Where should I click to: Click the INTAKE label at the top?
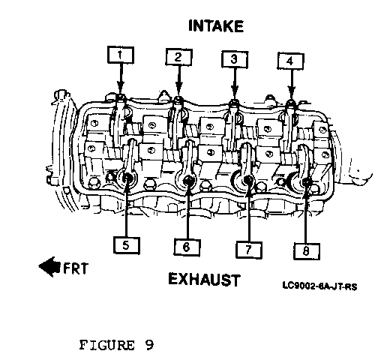tap(216, 25)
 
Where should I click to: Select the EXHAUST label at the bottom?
tap(204, 279)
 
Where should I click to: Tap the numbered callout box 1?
tap(121, 55)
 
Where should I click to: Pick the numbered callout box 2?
tap(178, 57)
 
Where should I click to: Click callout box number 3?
tap(235, 59)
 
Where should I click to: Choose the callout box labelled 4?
tap(290, 61)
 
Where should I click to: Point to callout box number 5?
tap(127, 245)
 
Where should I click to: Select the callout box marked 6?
tap(187, 247)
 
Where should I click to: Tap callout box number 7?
tap(249, 250)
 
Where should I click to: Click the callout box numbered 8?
tap(307, 251)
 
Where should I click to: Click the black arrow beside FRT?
tap(49, 267)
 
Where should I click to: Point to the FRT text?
tap(76, 268)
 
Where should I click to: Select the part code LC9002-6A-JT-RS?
tap(319, 286)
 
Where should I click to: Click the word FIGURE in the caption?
tap(106, 345)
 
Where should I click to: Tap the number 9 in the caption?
tap(149, 345)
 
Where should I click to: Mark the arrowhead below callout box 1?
tap(121, 88)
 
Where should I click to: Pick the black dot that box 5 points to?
tap(127, 178)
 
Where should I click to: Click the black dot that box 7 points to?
tap(248, 180)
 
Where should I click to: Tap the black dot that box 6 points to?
tap(187, 180)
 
